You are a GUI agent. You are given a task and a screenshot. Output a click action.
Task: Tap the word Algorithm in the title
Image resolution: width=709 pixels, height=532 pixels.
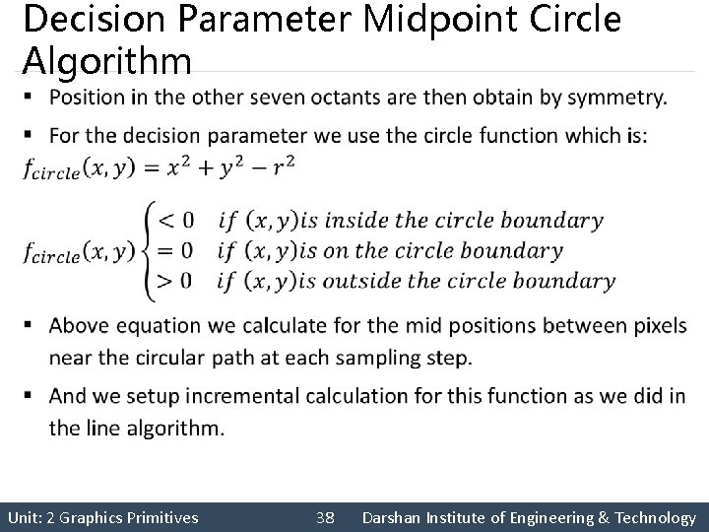(x=106, y=61)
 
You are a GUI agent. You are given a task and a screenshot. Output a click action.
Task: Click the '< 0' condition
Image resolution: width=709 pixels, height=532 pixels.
(x=176, y=220)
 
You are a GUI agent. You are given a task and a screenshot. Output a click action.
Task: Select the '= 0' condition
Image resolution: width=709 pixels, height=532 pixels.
(x=176, y=250)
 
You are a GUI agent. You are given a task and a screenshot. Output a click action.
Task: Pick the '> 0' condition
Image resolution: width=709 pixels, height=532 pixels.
(x=176, y=282)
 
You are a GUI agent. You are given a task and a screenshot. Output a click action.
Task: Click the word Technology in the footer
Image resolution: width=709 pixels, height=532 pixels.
(x=654, y=517)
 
